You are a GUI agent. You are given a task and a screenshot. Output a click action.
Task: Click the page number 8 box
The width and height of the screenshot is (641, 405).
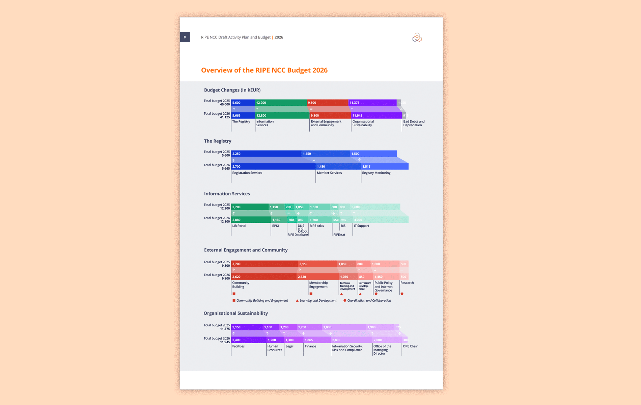pos(185,37)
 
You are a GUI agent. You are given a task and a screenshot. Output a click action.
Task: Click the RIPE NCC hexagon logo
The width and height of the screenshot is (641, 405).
pos(417,37)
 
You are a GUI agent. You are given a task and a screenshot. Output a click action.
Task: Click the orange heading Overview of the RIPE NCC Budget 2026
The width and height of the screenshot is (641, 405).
pos(264,70)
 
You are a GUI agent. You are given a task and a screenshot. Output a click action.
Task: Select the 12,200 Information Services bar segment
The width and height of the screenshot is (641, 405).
pos(281,103)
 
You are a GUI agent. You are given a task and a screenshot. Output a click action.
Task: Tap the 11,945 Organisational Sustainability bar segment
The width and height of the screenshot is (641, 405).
pos(376,115)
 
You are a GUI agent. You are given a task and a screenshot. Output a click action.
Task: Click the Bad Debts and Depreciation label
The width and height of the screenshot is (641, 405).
pos(414,123)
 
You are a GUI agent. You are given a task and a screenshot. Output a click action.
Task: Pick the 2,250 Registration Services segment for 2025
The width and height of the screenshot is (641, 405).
pos(266,154)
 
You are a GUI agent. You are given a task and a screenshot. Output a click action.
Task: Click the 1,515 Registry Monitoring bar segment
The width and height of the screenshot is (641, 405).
pos(385,166)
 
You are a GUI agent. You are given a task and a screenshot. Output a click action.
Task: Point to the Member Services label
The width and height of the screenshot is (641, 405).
pos(329,173)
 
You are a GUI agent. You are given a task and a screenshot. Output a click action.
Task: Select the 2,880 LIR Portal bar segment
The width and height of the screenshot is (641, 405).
pos(251,220)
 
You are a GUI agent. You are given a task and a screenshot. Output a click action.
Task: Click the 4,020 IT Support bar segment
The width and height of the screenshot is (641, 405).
pos(380,220)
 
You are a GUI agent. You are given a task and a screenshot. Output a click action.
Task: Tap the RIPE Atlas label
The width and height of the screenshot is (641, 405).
pos(316,226)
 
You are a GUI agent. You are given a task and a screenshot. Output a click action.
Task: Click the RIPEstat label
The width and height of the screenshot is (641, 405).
pos(339,235)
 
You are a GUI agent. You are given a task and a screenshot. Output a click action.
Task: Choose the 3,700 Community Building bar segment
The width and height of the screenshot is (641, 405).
pos(264,264)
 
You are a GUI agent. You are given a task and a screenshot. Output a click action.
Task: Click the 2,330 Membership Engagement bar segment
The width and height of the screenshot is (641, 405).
pos(317,277)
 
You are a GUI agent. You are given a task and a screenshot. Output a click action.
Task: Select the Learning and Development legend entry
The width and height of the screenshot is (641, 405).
pos(316,300)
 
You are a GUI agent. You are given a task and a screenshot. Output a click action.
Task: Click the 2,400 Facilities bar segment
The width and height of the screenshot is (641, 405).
pos(248,340)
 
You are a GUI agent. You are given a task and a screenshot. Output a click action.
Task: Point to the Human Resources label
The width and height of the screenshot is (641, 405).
pos(275,348)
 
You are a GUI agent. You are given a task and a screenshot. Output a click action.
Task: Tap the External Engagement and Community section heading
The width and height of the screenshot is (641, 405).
pos(246,250)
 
